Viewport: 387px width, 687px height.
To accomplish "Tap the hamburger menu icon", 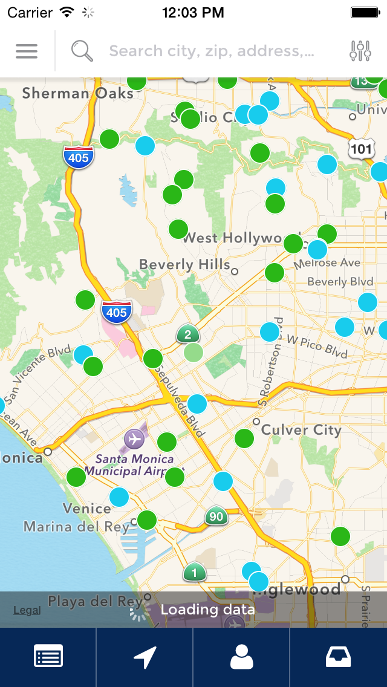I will tap(27, 51).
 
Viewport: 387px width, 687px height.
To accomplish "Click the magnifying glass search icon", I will tap(82, 51).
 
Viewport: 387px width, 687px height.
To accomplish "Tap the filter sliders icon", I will tap(360, 51).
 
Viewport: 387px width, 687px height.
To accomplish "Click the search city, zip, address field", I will tap(212, 51).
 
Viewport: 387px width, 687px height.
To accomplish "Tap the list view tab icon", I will tap(48, 657).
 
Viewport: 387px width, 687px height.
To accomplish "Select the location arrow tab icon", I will tap(145, 657).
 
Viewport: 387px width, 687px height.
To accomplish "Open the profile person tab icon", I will tap(242, 657).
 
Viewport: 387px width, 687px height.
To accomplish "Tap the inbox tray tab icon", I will tap(339, 657).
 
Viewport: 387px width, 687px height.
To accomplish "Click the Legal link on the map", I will tap(27, 610).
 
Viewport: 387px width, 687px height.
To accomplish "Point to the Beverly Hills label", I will tap(184, 265).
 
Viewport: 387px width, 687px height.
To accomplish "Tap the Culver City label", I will tap(301, 430).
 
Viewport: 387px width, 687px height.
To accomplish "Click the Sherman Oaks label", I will tap(77, 93).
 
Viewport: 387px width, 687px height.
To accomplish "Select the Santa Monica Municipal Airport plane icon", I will tap(134, 438).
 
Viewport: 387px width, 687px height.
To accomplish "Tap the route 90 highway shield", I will tap(216, 516).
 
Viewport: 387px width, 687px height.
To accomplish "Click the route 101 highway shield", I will tap(361, 148).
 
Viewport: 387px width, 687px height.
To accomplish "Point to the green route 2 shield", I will tap(188, 334).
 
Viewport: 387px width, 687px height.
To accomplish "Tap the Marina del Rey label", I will tap(77, 527).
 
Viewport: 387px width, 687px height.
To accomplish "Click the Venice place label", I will tap(86, 508).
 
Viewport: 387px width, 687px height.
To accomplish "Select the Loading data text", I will tap(207, 610).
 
